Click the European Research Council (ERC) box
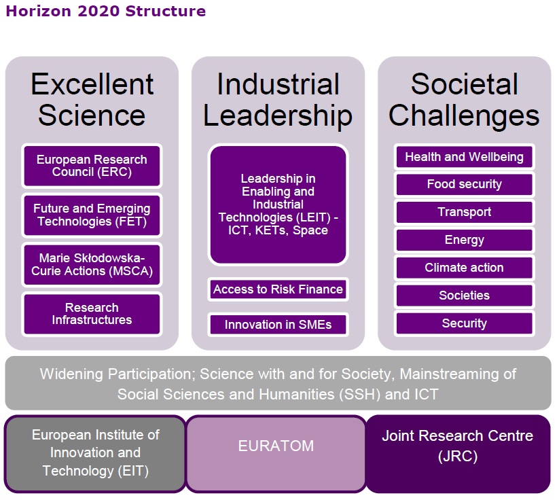coord(92,166)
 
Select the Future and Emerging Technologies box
coord(92,215)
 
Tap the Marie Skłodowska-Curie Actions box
coord(92,265)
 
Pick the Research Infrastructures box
coord(92,314)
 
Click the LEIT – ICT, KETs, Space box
coord(278,204)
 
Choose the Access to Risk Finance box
coord(278,289)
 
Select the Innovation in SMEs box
coord(278,325)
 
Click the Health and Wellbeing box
coord(464,157)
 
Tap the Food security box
coord(464,184)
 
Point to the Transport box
coord(464,212)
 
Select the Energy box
coord(464,240)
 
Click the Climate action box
coord(464,268)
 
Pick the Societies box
coord(464,296)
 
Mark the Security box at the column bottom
coord(464,323)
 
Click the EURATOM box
coord(276,454)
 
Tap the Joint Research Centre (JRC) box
coord(458,454)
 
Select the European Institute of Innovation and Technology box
coord(95,454)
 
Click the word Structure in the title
coord(166,11)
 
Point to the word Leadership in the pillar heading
coord(278,116)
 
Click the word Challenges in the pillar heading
coord(464,116)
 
